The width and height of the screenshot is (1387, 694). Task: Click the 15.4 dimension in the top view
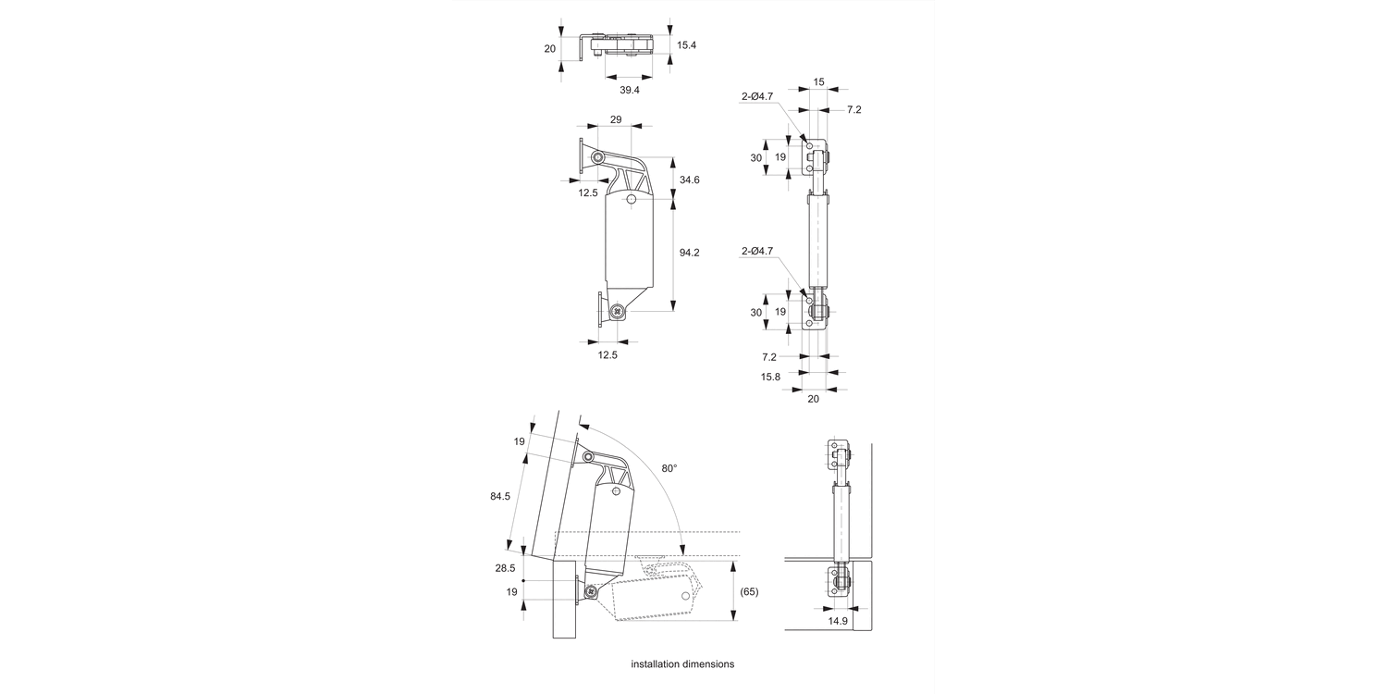[x=687, y=44]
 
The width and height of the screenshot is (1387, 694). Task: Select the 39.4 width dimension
[x=630, y=90]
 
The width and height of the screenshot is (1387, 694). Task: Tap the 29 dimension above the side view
[x=616, y=119]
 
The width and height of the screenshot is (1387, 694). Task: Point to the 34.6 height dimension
[x=690, y=179]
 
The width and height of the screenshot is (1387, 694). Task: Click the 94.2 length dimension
[x=690, y=253]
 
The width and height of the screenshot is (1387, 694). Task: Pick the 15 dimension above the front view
[x=818, y=82]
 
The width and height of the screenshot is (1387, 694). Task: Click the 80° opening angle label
[x=669, y=468]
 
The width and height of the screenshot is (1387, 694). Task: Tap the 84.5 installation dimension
[x=500, y=497]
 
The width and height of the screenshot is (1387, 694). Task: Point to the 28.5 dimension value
[x=505, y=569]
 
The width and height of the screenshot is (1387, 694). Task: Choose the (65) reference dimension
[x=749, y=591]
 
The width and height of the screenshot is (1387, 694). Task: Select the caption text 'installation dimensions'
[x=682, y=664]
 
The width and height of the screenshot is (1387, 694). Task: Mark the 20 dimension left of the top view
[x=550, y=49]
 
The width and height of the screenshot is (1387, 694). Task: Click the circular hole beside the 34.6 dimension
[x=632, y=199]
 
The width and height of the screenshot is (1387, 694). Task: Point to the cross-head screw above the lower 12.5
[x=617, y=312]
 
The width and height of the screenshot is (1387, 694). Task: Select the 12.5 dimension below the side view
[x=608, y=354]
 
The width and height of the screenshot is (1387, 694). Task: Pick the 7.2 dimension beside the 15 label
[x=853, y=109]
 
